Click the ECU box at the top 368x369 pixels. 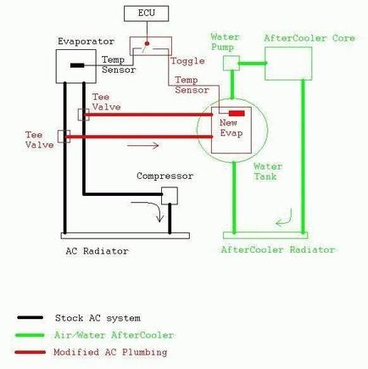point(145,14)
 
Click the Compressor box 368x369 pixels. point(170,195)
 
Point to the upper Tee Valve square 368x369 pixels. point(83,114)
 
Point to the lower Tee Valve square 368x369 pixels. point(62,136)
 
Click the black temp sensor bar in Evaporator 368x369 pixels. point(77,64)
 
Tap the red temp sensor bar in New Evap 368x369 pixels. point(237,113)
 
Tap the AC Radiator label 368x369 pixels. point(97,252)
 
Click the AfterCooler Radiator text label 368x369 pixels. point(277,250)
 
